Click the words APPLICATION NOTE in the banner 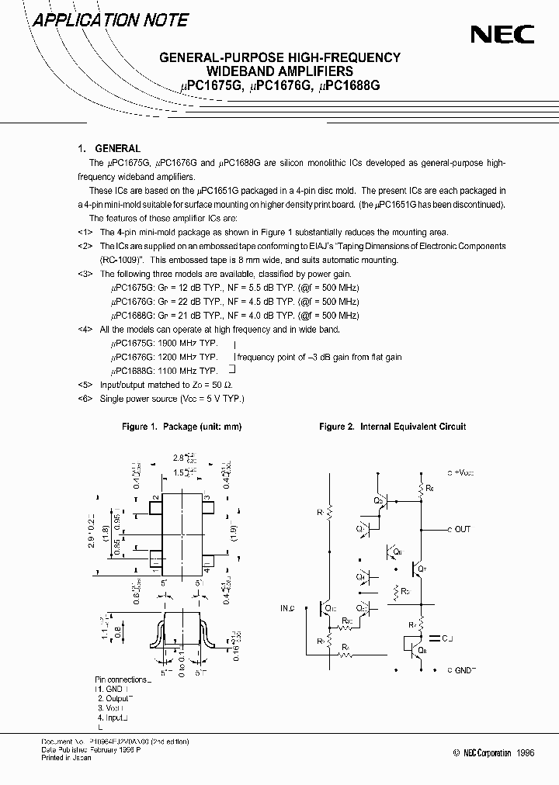coord(110,21)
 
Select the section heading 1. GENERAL coord(109,148)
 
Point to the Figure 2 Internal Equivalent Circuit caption coord(393,427)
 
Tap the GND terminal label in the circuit coord(465,669)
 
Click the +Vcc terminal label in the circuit coord(464,472)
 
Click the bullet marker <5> coord(85,385)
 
